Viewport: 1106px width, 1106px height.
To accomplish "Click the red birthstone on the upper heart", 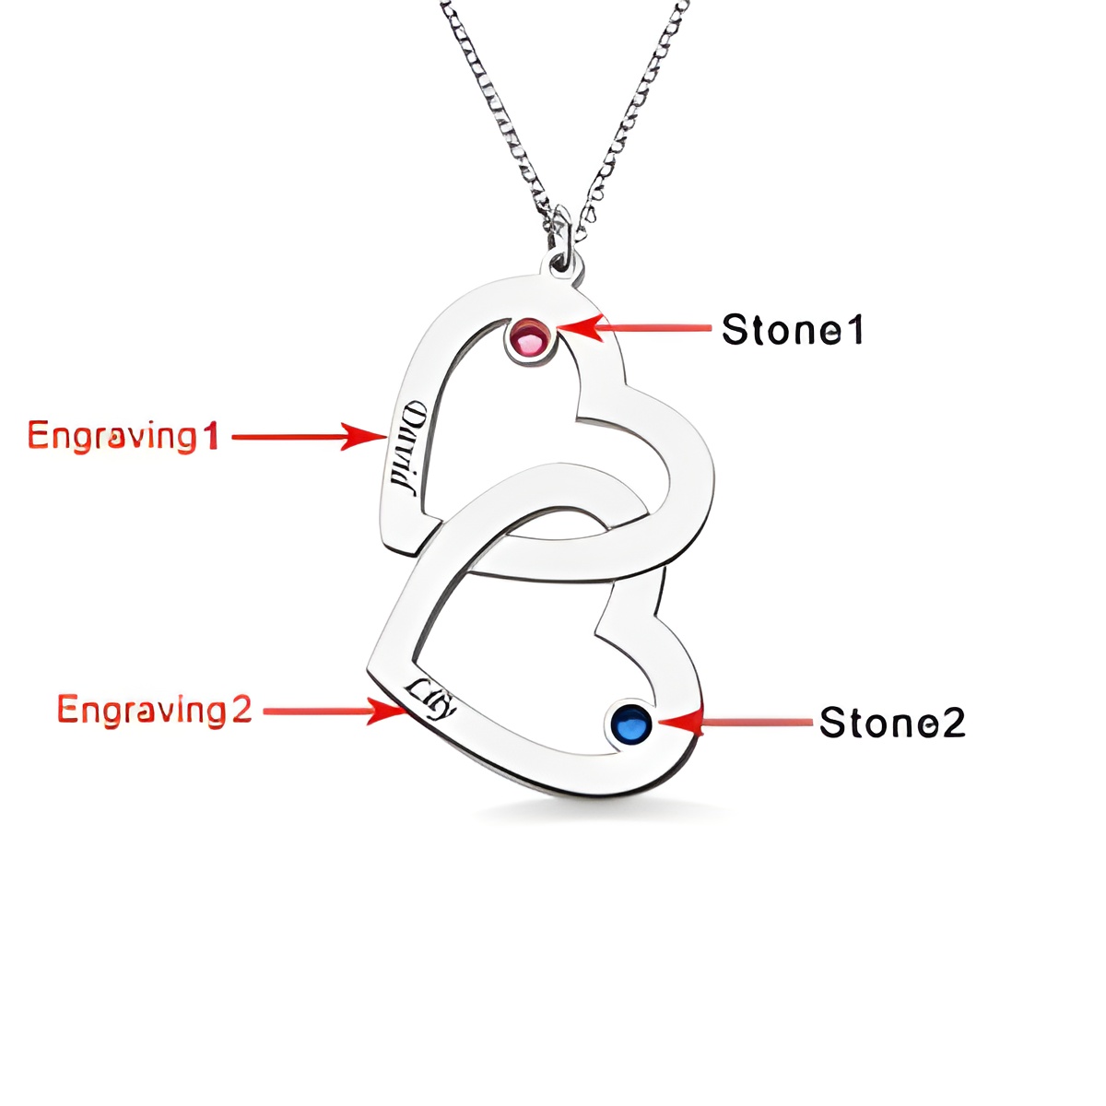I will pyautogui.click(x=530, y=340).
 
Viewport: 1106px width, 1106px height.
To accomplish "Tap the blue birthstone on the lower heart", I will pyautogui.click(x=631, y=724).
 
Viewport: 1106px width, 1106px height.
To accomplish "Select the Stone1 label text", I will pyautogui.click(x=793, y=330).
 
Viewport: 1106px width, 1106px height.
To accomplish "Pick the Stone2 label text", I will pyautogui.click(x=892, y=723).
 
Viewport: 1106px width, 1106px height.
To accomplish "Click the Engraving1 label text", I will pyautogui.click(x=123, y=435).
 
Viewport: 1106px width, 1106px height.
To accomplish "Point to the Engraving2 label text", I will pyautogui.click(x=154, y=710).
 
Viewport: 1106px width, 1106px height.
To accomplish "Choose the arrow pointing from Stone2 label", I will pyautogui.click(x=737, y=722).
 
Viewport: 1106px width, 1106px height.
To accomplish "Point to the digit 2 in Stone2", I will pyautogui.click(x=953, y=723).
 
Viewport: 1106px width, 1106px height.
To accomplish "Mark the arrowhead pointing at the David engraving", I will pyautogui.click(x=380, y=436).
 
